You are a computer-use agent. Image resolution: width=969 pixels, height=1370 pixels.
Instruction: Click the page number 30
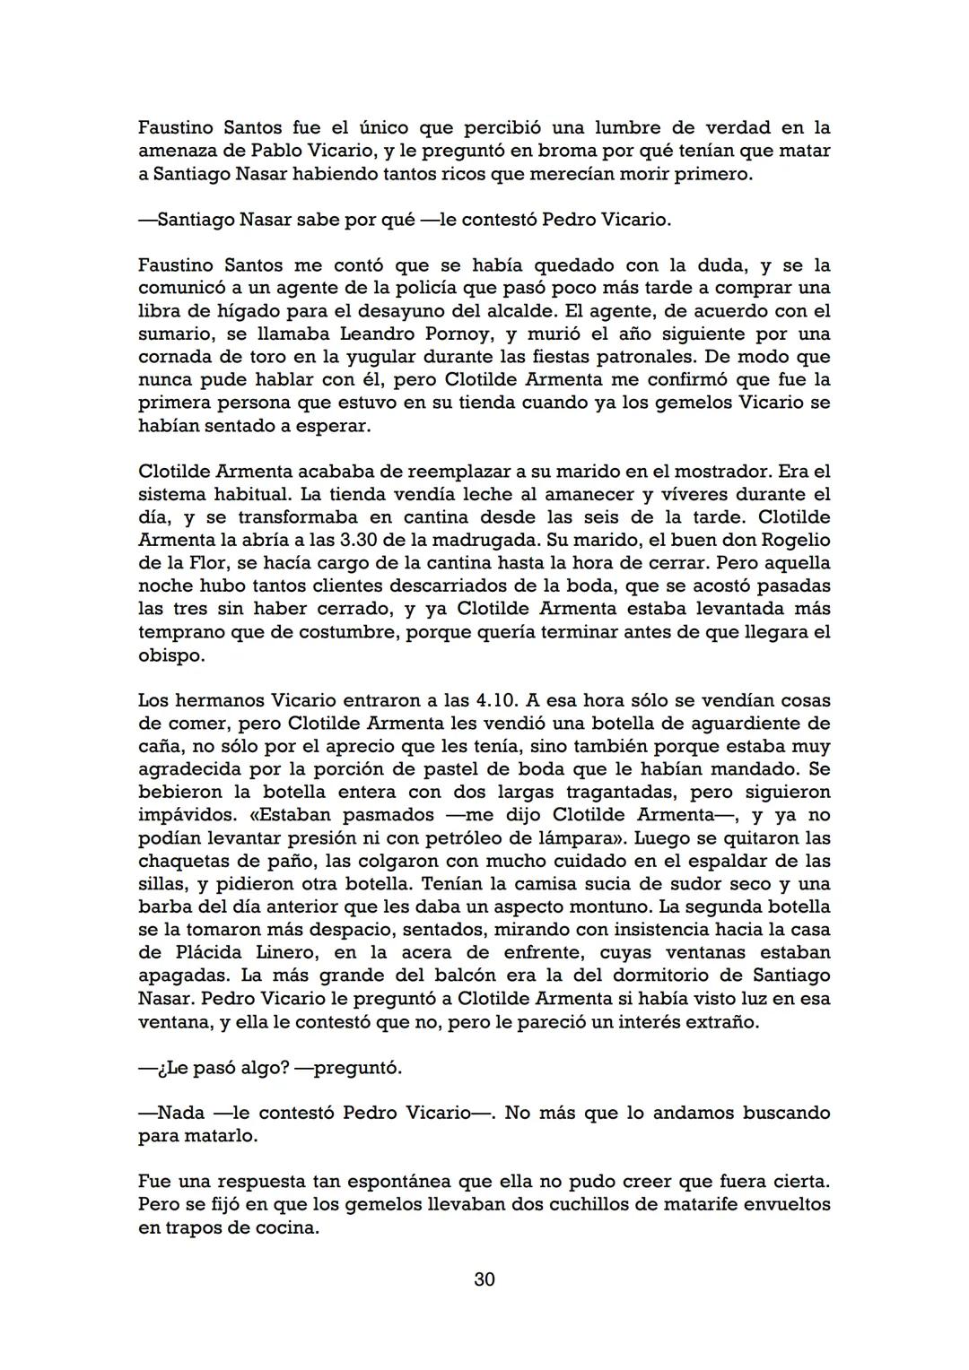(x=484, y=1279)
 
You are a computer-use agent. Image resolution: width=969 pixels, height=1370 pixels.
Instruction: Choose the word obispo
(x=171, y=655)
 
